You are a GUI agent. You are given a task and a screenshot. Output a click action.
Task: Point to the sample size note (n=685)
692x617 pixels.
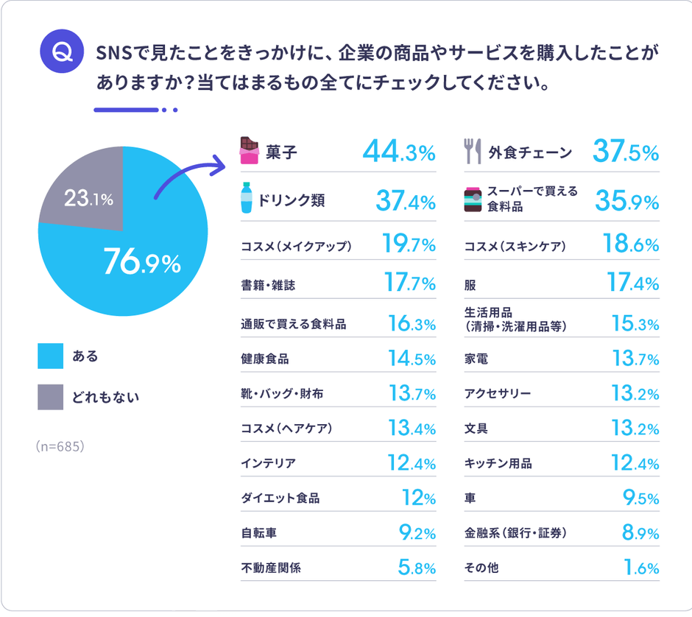click(62, 446)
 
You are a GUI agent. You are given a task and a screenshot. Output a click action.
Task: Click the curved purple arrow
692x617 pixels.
click(188, 174)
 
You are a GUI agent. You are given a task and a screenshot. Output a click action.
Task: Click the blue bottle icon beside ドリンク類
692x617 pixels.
click(245, 199)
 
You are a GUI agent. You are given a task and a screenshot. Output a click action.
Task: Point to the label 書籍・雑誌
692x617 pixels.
click(268, 284)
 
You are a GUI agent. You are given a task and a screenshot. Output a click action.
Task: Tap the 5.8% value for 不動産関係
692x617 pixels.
click(416, 568)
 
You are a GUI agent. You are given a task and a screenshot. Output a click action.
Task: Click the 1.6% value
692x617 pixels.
click(640, 568)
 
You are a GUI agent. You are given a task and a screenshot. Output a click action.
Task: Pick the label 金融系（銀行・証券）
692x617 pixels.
click(515, 533)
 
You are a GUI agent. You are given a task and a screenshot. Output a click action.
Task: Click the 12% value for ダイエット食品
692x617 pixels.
click(419, 498)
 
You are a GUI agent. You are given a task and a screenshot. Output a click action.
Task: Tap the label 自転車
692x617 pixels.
click(258, 533)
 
